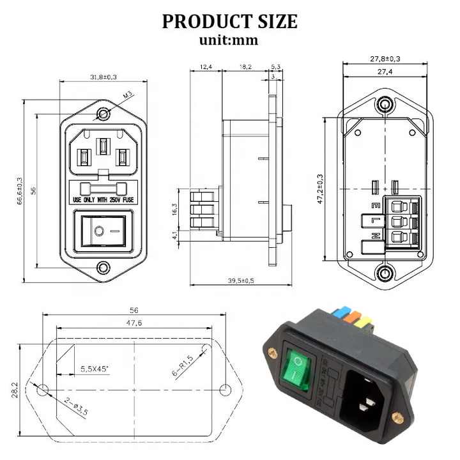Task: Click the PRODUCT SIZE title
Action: coord(229,21)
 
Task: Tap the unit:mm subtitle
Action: coord(229,40)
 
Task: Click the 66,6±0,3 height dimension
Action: coord(20,191)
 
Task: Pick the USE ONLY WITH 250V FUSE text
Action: coord(103,199)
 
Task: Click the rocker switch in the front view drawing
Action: coord(103,232)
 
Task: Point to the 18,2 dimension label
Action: coord(245,66)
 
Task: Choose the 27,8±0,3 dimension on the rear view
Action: coord(385,59)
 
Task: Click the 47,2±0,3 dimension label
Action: coord(319,190)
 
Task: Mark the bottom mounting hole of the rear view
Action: coord(385,275)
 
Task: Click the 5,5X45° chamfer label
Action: coord(95,369)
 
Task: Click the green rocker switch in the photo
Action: coord(299,369)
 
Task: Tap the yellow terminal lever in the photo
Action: coord(361,323)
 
